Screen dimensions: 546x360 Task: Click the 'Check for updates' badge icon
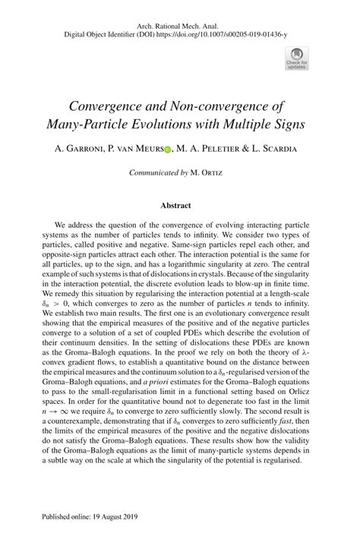295,55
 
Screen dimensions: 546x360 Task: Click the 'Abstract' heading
175,205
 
